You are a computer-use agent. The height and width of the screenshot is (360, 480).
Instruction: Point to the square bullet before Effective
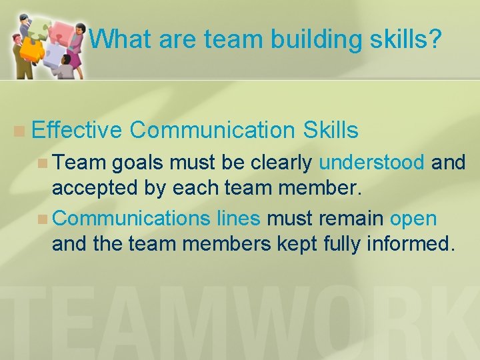21,131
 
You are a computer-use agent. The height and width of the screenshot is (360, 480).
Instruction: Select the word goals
139,163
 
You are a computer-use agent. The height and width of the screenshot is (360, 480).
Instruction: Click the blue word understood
371,163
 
